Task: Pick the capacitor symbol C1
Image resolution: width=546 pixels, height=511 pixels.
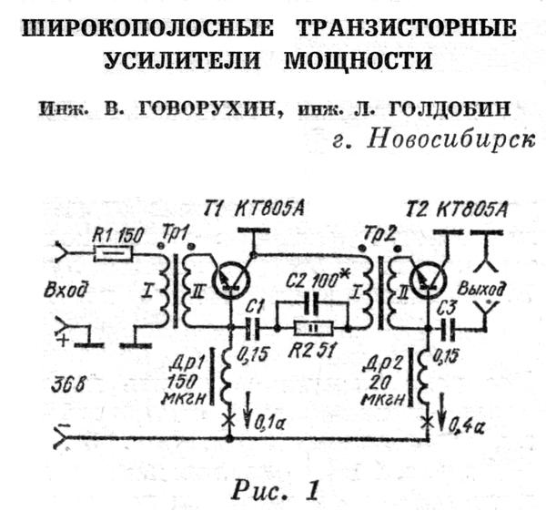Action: tap(254, 325)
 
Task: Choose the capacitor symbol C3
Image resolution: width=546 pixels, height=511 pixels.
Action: tap(447, 325)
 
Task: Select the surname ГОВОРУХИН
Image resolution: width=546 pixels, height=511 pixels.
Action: tap(197, 110)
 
